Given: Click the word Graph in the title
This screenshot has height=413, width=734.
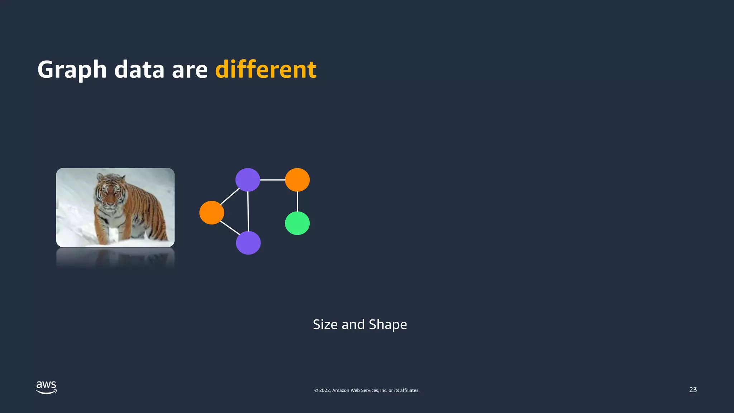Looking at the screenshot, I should click(72, 70).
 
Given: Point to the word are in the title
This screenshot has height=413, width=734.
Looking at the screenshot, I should click(190, 70).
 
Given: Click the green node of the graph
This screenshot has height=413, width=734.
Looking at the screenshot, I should click(297, 223).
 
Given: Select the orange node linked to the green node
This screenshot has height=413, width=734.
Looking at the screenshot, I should click(297, 180).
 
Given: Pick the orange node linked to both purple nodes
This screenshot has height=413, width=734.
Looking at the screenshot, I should click(211, 213).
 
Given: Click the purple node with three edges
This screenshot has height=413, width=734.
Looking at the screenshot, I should click(248, 180).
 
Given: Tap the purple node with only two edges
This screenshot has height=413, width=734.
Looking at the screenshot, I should click(248, 243).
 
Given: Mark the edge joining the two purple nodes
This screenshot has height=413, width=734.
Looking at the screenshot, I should click(248, 212).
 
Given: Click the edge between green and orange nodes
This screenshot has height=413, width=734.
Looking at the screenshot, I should click(297, 201).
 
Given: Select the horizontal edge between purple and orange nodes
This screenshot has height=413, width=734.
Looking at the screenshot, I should click(272, 180).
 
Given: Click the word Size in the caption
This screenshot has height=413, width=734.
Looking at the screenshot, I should click(325, 324).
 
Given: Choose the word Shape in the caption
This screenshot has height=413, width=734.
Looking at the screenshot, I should click(388, 325).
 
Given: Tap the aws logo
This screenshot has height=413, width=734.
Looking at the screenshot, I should click(46, 388).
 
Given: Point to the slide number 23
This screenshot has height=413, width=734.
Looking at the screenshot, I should click(693, 390).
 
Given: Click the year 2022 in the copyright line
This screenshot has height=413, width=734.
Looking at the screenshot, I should click(325, 390).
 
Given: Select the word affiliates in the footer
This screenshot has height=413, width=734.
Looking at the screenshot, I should click(409, 390).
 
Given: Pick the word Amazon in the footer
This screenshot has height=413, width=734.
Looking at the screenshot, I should click(340, 390).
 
